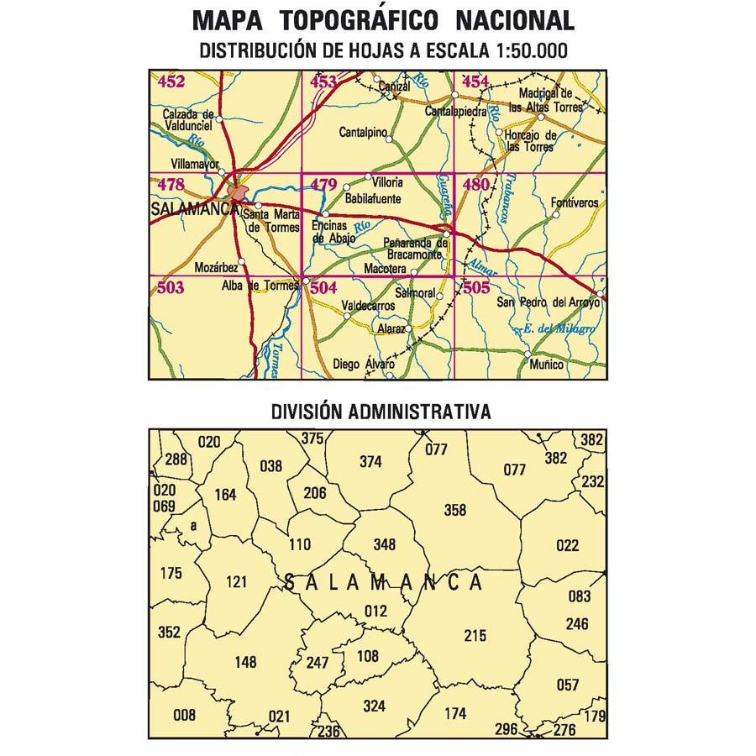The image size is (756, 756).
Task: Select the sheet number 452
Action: pos(171,81)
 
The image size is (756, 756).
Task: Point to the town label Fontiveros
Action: pos(575,203)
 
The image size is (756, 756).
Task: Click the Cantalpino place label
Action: pos(363,133)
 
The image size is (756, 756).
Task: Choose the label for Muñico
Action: pos(548,365)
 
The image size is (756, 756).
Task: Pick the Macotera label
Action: pos(386,269)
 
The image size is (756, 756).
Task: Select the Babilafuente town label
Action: pos(373,200)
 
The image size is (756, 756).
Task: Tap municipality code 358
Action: pos(454,510)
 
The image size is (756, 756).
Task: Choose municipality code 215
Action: pos(475,636)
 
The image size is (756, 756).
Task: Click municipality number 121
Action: pos(238,581)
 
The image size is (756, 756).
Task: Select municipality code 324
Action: pos(374,706)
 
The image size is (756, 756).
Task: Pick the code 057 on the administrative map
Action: pos(568,685)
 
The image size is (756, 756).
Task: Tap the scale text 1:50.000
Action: pos(520,50)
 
